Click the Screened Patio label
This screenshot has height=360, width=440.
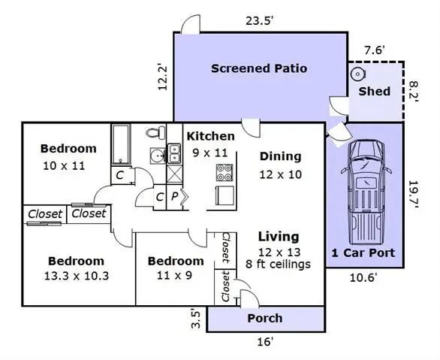pos(259,68)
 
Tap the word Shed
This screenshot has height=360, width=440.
pos(375,91)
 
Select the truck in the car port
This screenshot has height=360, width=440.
pos(366,193)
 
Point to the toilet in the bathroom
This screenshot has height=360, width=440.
pos(155,132)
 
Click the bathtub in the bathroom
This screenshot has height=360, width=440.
pos(121,144)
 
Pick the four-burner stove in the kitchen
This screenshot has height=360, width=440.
pos(225,172)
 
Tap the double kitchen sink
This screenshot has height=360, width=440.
pos(174,153)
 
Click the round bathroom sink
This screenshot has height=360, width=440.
pos(158,156)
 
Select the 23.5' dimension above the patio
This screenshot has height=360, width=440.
pos(260,21)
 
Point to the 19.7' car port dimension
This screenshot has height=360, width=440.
pos(413,194)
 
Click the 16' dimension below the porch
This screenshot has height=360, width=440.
pos(265,342)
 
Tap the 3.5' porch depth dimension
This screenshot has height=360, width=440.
pos(196,319)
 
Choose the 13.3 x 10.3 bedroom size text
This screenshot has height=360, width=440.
pos(77,276)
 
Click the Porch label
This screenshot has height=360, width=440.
pos(265,319)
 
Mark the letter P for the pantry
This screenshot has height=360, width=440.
pos(174,197)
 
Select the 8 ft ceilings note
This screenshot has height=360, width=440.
pos(278,265)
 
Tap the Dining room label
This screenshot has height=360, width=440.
pos(280,156)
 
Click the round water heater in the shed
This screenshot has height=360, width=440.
pos(357,74)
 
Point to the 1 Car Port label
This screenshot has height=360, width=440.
pos(363,253)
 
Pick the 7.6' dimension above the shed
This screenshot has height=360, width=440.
pos(375,50)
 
